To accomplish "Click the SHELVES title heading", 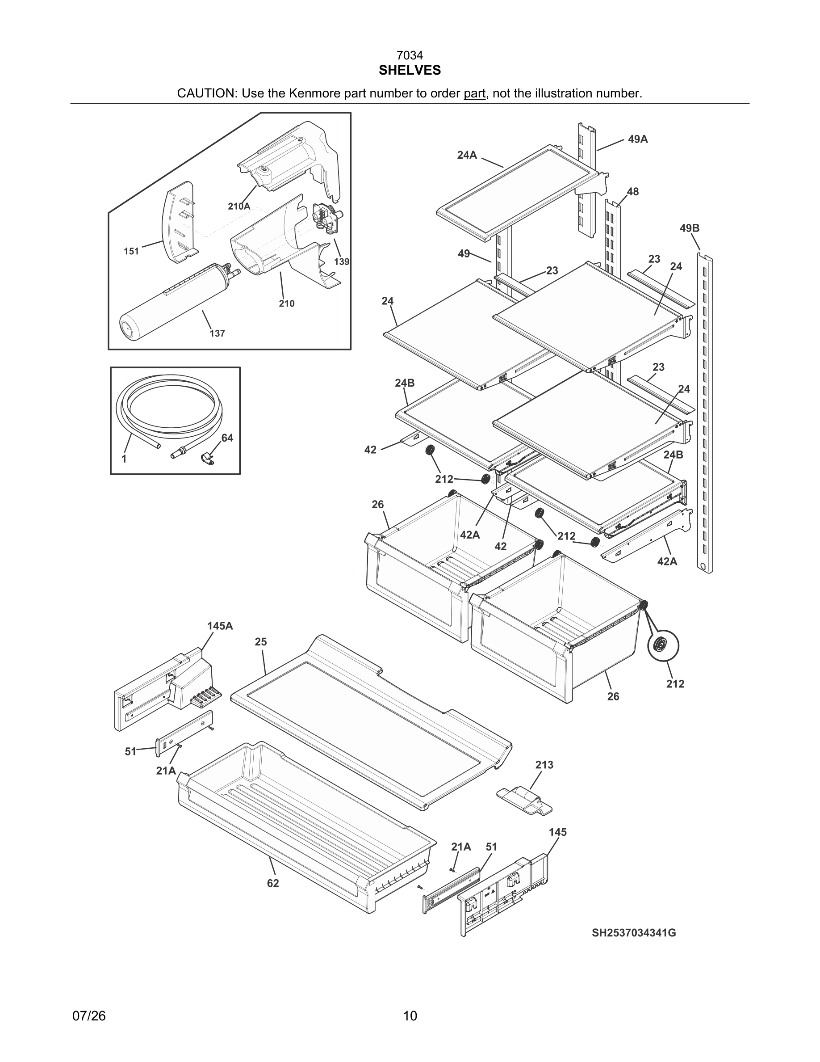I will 410,71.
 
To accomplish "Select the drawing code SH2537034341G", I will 633,933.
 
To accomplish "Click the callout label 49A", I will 637,139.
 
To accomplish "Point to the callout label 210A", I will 239,206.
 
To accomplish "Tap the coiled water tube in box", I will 168,409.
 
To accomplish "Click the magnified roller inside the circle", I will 663,646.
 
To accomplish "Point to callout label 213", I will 544,765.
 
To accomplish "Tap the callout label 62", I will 273,883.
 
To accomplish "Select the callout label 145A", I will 220,626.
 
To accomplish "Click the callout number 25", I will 261,642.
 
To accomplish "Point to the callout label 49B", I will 689,228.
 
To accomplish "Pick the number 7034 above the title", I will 410,56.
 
